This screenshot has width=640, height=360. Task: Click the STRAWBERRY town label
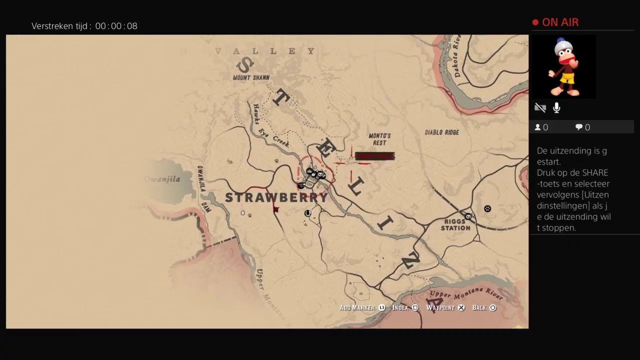click(x=276, y=197)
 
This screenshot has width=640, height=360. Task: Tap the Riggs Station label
click(x=455, y=224)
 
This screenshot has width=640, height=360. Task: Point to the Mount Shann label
click(x=251, y=77)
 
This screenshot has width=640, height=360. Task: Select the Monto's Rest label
click(x=379, y=139)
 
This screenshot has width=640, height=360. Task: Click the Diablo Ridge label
click(x=441, y=132)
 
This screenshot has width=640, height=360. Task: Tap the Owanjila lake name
click(x=162, y=179)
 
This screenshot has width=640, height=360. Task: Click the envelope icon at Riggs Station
click(x=468, y=216)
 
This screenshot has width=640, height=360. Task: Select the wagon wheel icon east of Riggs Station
click(x=487, y=208)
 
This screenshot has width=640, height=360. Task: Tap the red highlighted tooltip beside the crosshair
click(x=374, y=156)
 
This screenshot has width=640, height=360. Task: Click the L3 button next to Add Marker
click(x=382, y=308)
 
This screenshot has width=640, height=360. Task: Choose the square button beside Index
click(x=415, y=308)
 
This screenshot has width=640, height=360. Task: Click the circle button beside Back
click(x=492, y=308)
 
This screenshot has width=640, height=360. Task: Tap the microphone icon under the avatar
click(x=556, y=107)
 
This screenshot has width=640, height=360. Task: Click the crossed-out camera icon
click(x=540, y=107)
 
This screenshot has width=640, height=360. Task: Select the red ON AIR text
click(x=560, y=22)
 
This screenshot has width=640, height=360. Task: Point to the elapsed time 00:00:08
click(x=116, y=26)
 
